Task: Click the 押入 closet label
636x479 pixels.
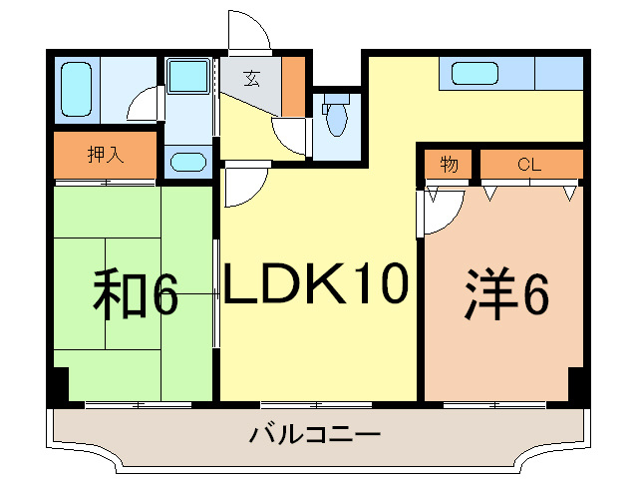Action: pyautogui.click(x=104, y=155)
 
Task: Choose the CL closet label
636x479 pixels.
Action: pyautogui.click(x=528, y=164)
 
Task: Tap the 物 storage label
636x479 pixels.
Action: pyautogui.click(x=450, y=164)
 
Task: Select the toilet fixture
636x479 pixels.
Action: pyautogui.click(x=337, y=117)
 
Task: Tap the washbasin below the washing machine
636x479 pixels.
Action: pyautogui.click(x=187, y=162)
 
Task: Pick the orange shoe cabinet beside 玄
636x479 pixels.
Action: pyautogui.click(x=293, y=87)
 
